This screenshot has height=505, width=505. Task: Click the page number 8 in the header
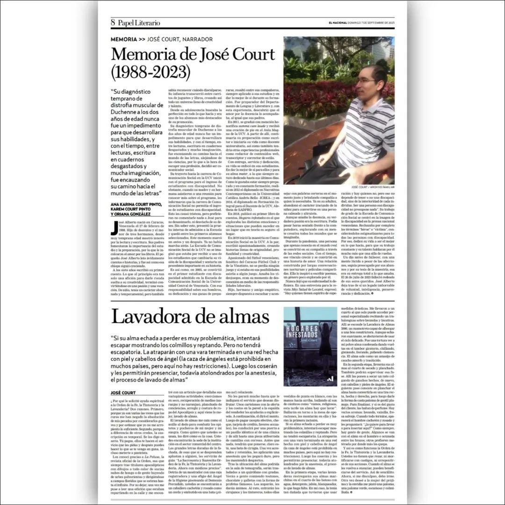tap(113, 22)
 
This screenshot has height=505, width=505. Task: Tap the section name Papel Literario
tap(138, 22)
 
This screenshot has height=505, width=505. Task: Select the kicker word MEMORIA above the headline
tap(124, 39)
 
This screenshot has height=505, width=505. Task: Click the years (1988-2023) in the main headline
tap(151, 72)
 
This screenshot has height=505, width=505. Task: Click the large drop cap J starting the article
tap(114, 228)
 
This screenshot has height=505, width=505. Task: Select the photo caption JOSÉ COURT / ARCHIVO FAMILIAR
tap(369, 187)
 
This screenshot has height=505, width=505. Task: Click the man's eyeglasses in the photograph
tap(368, 80)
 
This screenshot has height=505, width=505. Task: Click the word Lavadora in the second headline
tap(151, 317)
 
